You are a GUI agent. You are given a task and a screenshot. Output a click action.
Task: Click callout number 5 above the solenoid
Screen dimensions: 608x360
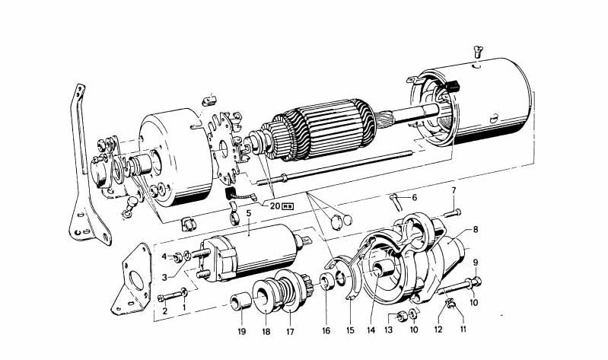[249, 213]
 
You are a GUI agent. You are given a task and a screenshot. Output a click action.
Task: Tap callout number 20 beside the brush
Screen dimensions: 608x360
[275, 206]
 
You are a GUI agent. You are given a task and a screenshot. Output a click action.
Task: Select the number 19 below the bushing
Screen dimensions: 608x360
[242, 332]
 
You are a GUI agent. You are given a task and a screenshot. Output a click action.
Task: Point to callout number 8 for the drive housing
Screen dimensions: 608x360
[475, 230]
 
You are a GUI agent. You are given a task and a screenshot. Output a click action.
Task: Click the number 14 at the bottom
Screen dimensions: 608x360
[371, 330]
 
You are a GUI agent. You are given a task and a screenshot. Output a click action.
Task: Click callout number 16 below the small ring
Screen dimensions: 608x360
[326, 330]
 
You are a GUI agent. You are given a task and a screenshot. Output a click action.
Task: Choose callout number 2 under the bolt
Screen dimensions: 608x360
[165, 311]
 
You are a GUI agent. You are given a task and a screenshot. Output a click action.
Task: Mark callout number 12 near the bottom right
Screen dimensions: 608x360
[438, 330]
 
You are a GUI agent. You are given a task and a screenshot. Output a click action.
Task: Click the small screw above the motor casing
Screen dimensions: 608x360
[478, 50]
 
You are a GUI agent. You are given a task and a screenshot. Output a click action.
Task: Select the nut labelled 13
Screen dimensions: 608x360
[403, 316]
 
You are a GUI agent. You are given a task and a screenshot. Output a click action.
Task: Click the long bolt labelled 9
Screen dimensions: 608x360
[460, 286]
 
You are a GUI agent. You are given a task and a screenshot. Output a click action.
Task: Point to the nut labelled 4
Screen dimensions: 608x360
[178, 256]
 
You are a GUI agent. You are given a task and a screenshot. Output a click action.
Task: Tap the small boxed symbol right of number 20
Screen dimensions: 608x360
[288, 206]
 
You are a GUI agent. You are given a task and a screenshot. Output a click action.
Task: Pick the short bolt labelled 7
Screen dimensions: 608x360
[453, 212]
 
